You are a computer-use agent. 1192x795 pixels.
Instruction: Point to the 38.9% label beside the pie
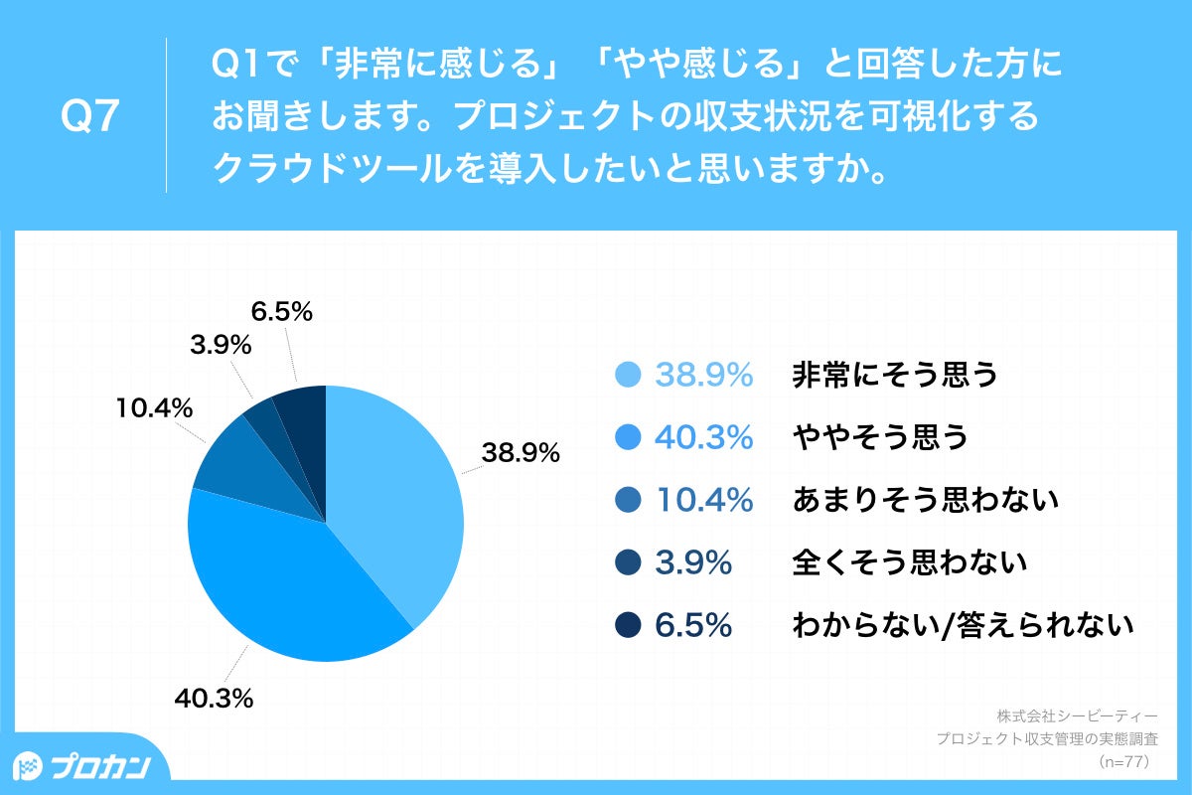pos(521,453)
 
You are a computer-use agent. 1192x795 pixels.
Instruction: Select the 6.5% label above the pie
pos(282,312)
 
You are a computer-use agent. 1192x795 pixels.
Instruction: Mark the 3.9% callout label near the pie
pos(220,347)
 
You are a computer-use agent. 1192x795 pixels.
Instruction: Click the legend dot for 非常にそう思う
pos(628,375)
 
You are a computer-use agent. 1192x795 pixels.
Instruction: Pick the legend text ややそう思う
pos(879,437)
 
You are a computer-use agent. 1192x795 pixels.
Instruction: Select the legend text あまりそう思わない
pos(925,500)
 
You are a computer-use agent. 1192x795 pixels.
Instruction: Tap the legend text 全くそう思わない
pos(909,562)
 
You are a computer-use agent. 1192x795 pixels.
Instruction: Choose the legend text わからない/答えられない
pos(963,625)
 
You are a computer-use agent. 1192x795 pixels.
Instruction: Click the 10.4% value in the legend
pos(703,500)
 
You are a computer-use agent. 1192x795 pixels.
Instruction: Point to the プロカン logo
pos(84,766)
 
